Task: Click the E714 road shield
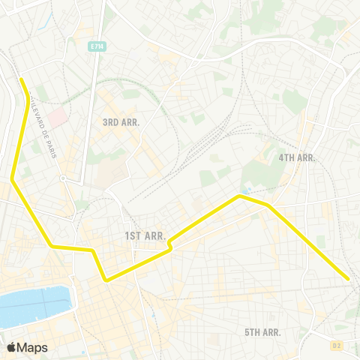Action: [x=95, y=46]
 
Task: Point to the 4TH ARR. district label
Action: [x=297, y=157]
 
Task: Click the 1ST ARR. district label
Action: [x=143, y=236]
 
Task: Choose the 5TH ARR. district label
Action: [x=262, y=331]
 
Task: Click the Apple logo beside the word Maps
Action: [x=11, y=347]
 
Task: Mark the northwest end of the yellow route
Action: [x=21, y=79]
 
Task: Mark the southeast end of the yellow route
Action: [x=349, y=279]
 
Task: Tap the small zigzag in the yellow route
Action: [x=171, y=244]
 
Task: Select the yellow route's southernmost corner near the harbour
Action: [x=107, y=280]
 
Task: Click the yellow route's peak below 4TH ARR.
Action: [x=239, y=196]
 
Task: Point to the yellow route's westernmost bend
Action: [x=13, y=179]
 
